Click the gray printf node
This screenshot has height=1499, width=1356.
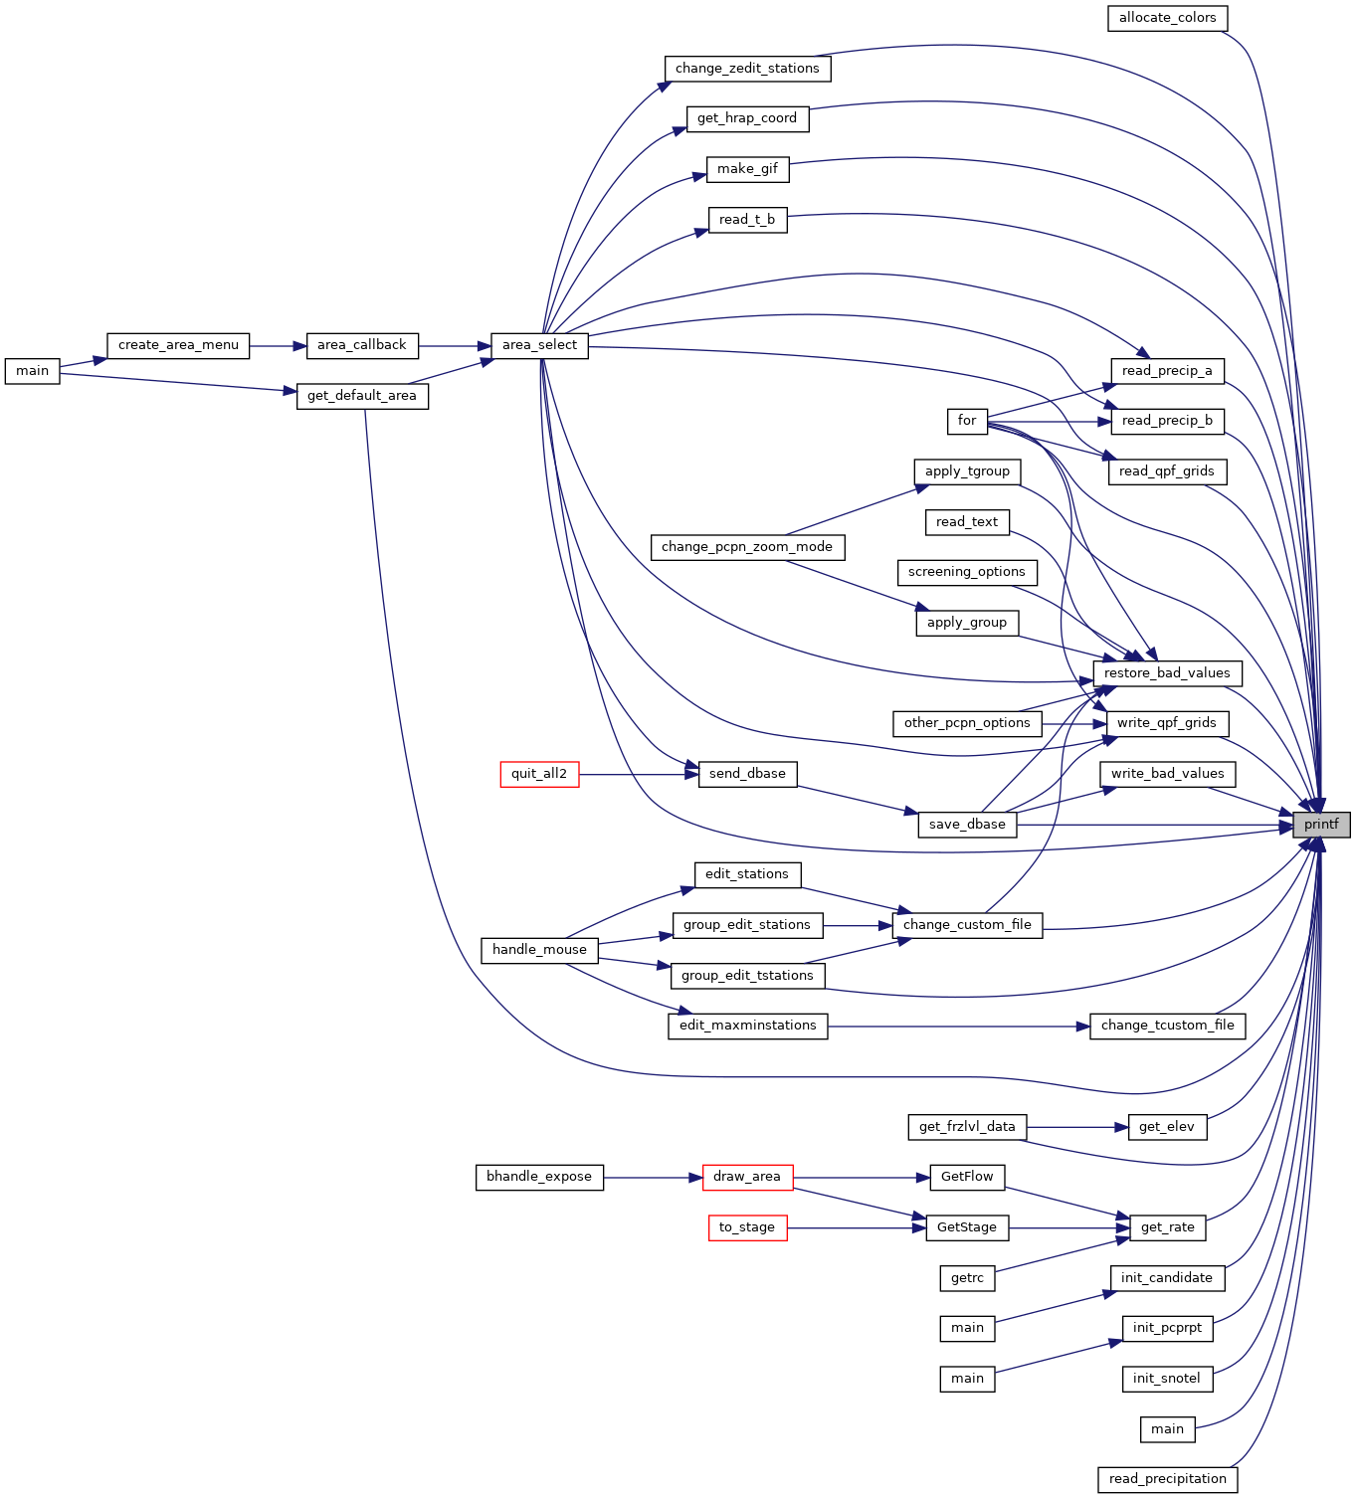click(1321, 825)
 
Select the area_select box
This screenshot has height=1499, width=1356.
click(539, 345)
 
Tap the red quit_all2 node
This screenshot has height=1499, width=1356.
click(539, 774)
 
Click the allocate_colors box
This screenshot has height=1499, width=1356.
click(1167, 18)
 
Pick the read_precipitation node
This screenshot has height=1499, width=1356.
click(1167, 1479)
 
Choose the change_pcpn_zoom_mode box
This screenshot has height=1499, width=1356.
click(747, 547)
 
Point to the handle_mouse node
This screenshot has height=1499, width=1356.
click(539, 950)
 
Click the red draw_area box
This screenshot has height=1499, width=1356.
click(747, 1177)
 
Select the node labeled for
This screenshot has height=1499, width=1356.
click(967, 421)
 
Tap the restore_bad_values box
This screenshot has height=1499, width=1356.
click(1167, 673)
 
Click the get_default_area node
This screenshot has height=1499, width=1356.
click(362, 395)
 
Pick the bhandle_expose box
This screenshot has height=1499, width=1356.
click(539, 1177)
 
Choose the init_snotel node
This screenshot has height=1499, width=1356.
click(1167, 1379)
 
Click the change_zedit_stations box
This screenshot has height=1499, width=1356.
click(747, 69)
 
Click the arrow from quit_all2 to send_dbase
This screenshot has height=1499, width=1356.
click(639, 774)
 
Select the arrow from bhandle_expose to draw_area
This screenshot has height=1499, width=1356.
click(653, 1178)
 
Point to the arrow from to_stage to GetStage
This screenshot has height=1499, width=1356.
click(857, 1227)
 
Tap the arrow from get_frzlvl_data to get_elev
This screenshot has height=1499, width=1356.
click(1077, 1127)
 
